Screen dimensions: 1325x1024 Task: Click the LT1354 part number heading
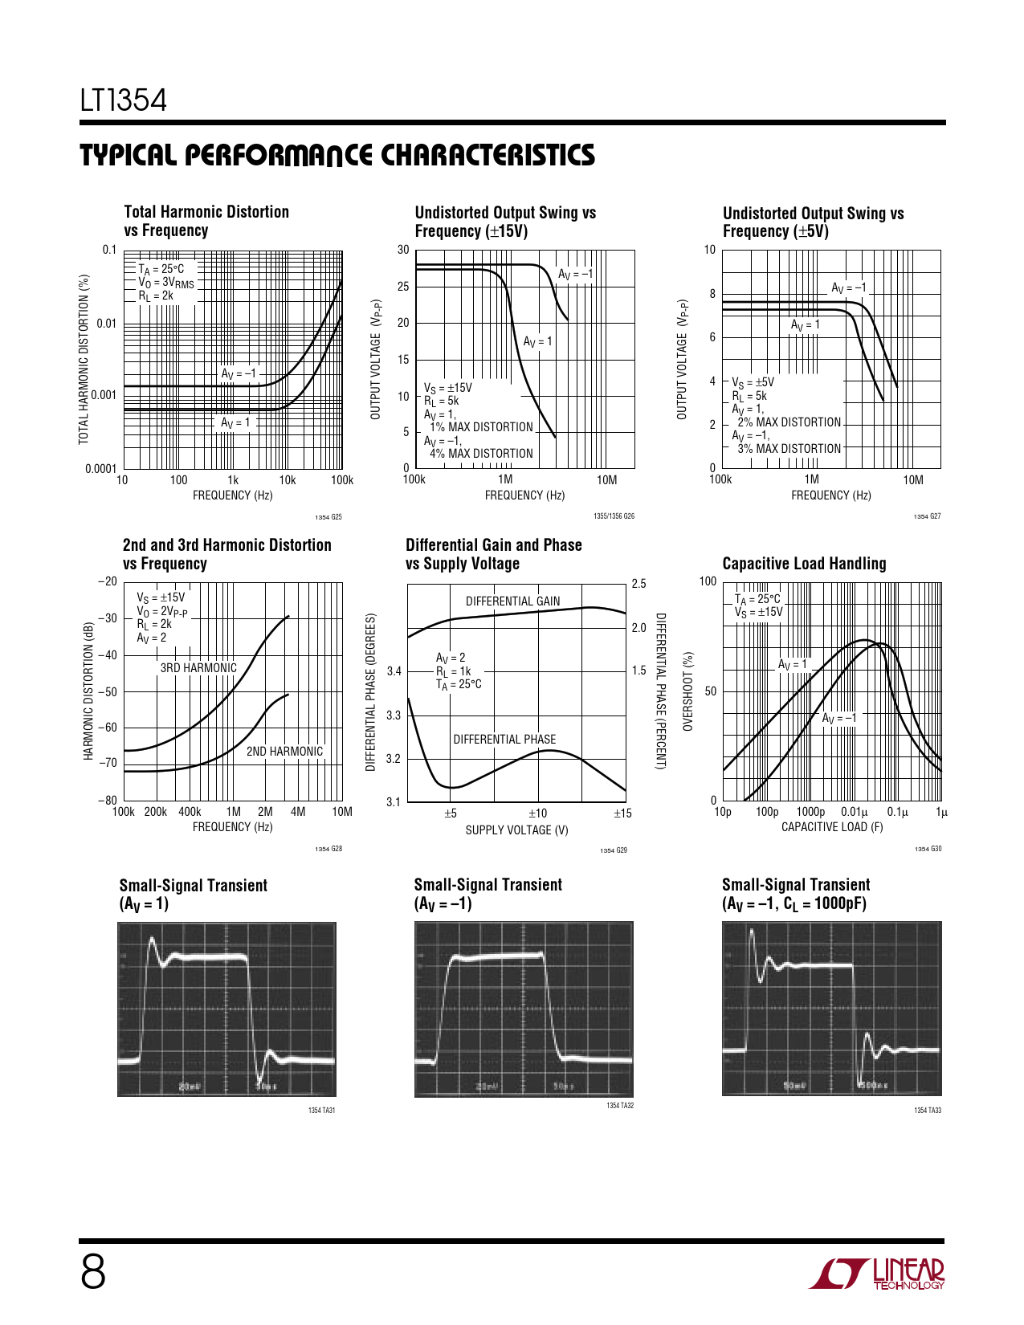123,100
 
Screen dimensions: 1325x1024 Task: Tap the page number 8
93,1274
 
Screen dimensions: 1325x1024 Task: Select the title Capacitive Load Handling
804,564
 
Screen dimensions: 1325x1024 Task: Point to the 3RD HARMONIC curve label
198,667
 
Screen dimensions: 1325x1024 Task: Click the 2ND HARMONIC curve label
284,752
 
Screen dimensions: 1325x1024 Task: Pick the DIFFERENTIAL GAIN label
512,601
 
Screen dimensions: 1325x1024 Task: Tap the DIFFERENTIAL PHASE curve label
504,740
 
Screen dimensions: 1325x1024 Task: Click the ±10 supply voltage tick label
537,813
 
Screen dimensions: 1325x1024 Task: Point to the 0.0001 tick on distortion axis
100,469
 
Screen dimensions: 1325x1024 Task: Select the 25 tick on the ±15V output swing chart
403,287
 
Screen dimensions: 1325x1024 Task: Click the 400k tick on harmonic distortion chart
190,812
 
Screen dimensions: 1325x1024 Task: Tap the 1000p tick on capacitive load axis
810,812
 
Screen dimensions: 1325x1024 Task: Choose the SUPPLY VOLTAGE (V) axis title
516,830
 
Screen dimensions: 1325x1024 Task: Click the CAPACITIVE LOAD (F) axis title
831,827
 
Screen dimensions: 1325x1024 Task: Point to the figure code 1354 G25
328,517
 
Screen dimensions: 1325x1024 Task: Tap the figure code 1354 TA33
928,1111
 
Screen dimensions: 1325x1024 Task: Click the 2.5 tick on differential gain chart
638,584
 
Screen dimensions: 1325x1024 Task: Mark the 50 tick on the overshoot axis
710,691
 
